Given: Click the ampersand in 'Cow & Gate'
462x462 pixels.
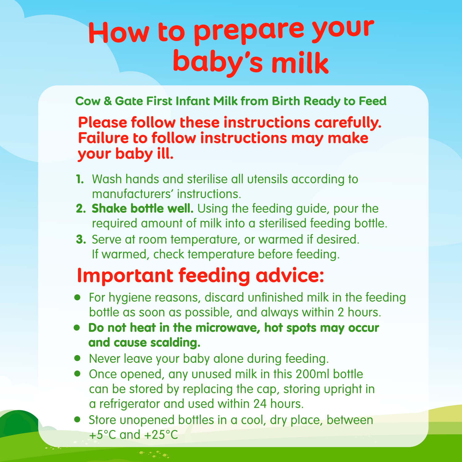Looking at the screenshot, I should (107, 101).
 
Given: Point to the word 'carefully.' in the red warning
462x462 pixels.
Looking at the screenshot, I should (348, 123).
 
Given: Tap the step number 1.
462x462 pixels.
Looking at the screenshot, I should (80, 179).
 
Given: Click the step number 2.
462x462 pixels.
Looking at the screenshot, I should (80, 209).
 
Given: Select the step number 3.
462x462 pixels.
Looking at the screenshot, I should (81, 239).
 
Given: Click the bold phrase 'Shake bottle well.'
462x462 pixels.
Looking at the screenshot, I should (142, 209).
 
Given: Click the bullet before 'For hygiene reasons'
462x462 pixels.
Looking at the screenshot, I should (78, 298).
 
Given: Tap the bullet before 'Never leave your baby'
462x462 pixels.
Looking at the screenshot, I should (78, 358).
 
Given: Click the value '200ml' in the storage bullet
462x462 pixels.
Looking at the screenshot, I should (313, 374).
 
